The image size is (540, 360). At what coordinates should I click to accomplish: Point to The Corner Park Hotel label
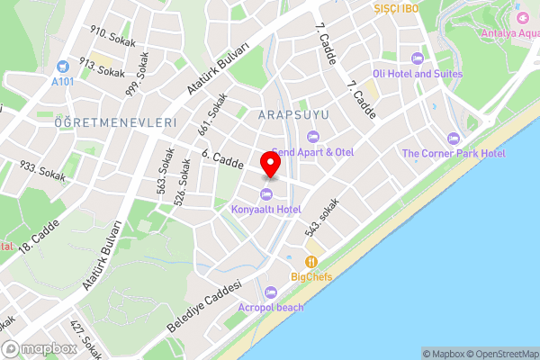[x=453, y=153]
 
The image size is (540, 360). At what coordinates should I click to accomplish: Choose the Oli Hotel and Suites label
[x=418, y=73]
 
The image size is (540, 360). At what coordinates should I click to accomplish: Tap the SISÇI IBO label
[x=397, y=8]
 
